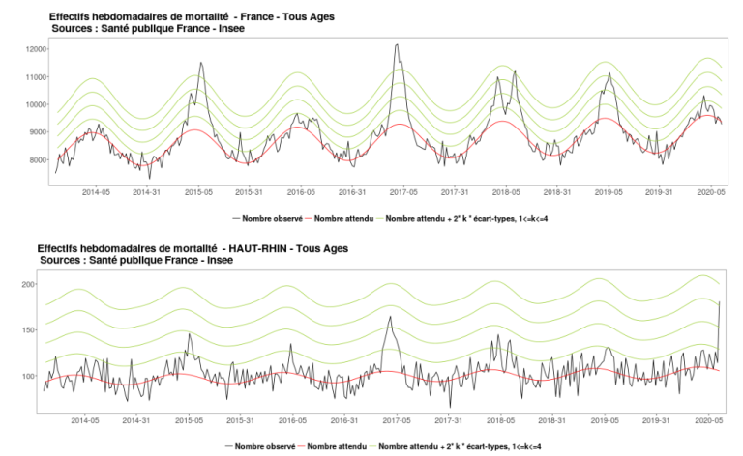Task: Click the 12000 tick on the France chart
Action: coord(38,49)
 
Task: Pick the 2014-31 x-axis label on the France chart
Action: coord(147,192)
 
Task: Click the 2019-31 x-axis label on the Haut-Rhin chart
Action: coord(657,420)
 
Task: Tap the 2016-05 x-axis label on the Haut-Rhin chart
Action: coord(293,420)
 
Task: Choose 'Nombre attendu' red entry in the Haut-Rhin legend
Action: coord(333,447)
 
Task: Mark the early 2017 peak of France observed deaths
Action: coord(397,44)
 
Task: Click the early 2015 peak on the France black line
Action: coord(201,64)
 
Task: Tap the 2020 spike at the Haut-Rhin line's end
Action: coord(720,302)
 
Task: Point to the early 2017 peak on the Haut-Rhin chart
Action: coord(391,317)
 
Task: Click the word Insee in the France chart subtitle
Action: coord(227,29)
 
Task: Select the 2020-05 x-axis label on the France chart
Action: coord(710,192)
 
